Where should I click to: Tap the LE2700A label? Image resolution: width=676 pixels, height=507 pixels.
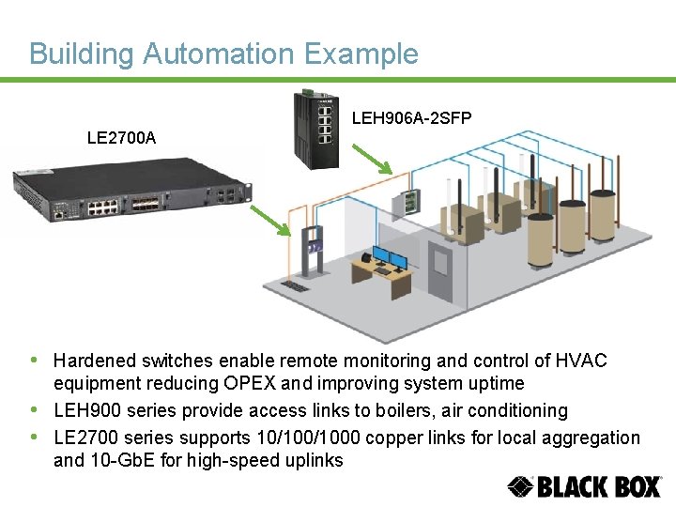[121, 138]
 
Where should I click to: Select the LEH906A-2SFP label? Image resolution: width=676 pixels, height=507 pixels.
[411, 118]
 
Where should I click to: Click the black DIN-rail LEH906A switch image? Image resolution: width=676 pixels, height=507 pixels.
[316, 129]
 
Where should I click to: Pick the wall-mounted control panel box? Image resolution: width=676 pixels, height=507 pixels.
[409, 202]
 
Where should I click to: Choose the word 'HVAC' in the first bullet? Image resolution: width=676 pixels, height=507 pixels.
[582, 361]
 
